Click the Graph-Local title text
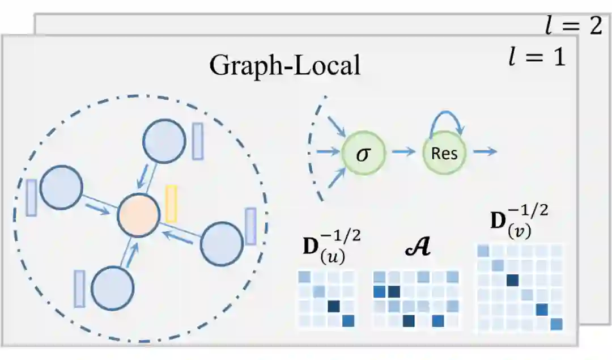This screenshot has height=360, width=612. pos(285,65)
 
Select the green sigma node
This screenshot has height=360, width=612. pos(363,153)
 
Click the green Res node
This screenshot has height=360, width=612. pos(444,153)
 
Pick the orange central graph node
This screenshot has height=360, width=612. pos(138,215)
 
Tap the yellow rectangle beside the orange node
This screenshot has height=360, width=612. pos(171,203)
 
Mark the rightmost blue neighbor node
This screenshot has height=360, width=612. pos(223,244)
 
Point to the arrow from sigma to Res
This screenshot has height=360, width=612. pos(403,153)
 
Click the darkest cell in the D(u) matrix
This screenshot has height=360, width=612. pos(334,307)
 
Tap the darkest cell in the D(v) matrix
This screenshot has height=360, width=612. pos(513,280)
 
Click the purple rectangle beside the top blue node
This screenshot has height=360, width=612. pos(198,142)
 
